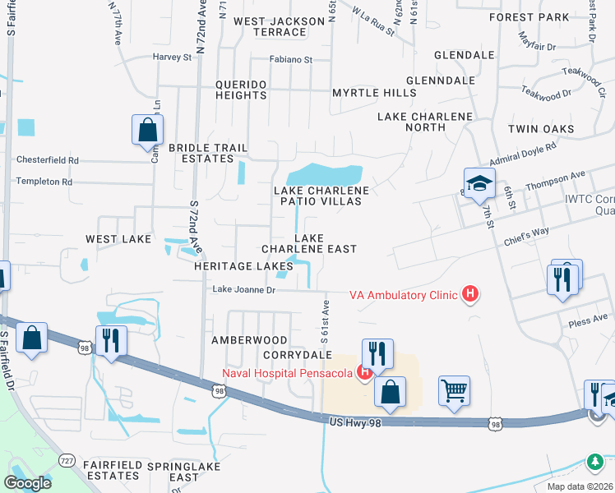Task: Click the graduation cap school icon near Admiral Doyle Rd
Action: pyautogui.click(x=479, y=183)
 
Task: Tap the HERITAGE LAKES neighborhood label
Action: pyautogui.click(x=243, y=266)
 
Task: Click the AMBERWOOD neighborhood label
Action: pyautogui.click(x=249, y=339)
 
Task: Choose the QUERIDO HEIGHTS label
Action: pyautogui.click(x=241, y=90)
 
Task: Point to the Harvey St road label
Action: pyautogui.click(x=172, y=58)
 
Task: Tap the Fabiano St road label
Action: pyautogui.click(x=292, y=59)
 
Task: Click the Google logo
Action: pyautogui.click(x=27, y=482)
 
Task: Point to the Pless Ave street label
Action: pyautogui.click(x=588, y=321)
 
